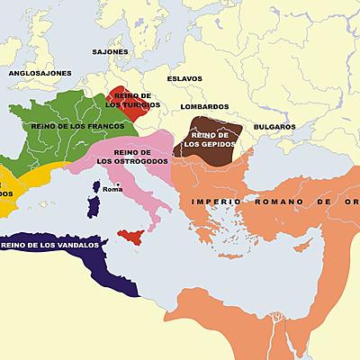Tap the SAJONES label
click(x=110, y=52)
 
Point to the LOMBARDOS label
click(x=204, y=107)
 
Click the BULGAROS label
click(x=274, y=127)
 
